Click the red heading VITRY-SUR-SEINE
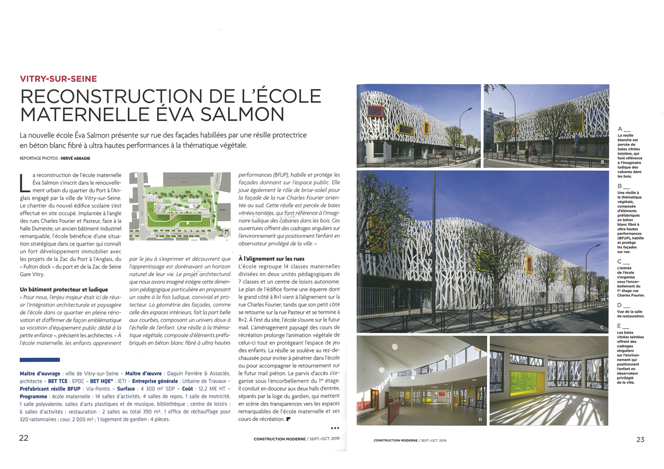58,79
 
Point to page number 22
24,439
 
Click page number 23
640,440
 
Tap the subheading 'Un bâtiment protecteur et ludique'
63,289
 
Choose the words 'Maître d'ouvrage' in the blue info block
41,373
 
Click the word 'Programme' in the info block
37,397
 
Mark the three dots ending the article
334,428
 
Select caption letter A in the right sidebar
620,129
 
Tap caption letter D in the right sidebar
620,305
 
